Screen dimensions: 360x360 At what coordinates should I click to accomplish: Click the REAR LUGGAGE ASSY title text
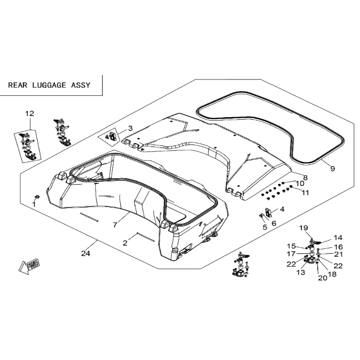click(x=49, y=85)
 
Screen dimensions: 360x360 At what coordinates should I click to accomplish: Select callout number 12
click(x=30, y=113)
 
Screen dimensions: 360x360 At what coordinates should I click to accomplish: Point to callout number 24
click(x=85, y=253)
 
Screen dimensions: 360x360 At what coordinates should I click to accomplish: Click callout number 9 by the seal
click(x=333, y=168)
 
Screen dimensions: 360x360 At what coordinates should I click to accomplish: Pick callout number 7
click(x=115, y=224)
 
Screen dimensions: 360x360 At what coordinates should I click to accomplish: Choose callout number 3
click(x=131, y=128)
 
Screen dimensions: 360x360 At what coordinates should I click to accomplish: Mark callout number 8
click(x=305, y=177)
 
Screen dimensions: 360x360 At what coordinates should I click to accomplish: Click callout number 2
click(x=125, y=243)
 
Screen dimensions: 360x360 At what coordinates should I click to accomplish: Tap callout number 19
click(x=303, y=228)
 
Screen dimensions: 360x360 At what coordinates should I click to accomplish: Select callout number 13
click(x=301, y=272)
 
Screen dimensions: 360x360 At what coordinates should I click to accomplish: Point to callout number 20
click(x=323, y=278)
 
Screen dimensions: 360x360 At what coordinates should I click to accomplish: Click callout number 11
click(x=305, y=193)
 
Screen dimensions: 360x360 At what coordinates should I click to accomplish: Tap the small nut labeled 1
click(x=37, y=197)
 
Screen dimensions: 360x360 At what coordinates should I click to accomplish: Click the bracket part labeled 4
click(x=268, y=212)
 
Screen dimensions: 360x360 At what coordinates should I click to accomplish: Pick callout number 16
click(x=338, y=247)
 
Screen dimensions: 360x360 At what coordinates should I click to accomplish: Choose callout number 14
click(x=338, y=238)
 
